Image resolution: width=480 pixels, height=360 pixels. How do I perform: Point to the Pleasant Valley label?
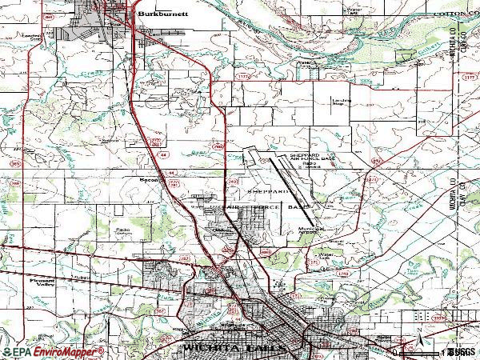click(x=38, y=283)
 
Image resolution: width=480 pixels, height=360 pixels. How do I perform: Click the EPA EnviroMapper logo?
click(x=53, y=351)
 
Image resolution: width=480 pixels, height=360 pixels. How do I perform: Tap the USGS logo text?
click(x=459, y=351)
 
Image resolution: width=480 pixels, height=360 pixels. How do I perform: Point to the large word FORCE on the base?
click(x=260, y=207)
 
